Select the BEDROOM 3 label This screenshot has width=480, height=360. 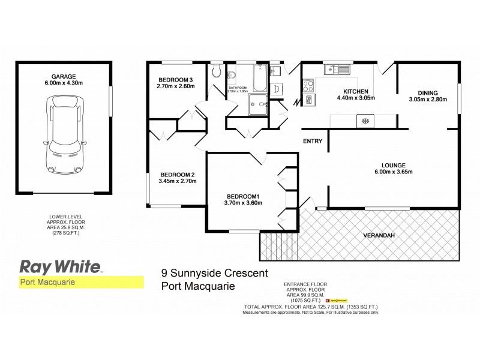point(176,80)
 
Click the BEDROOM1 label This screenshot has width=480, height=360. point(243,196)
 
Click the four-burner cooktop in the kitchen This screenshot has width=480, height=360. point(308,92)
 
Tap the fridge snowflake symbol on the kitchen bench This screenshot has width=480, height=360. point(363,121)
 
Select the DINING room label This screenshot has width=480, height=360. point(427,92)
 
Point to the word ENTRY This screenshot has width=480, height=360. point(313,142)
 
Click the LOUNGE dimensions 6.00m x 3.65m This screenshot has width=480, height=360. point(394,173)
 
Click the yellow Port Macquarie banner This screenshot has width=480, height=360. point(78,281)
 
